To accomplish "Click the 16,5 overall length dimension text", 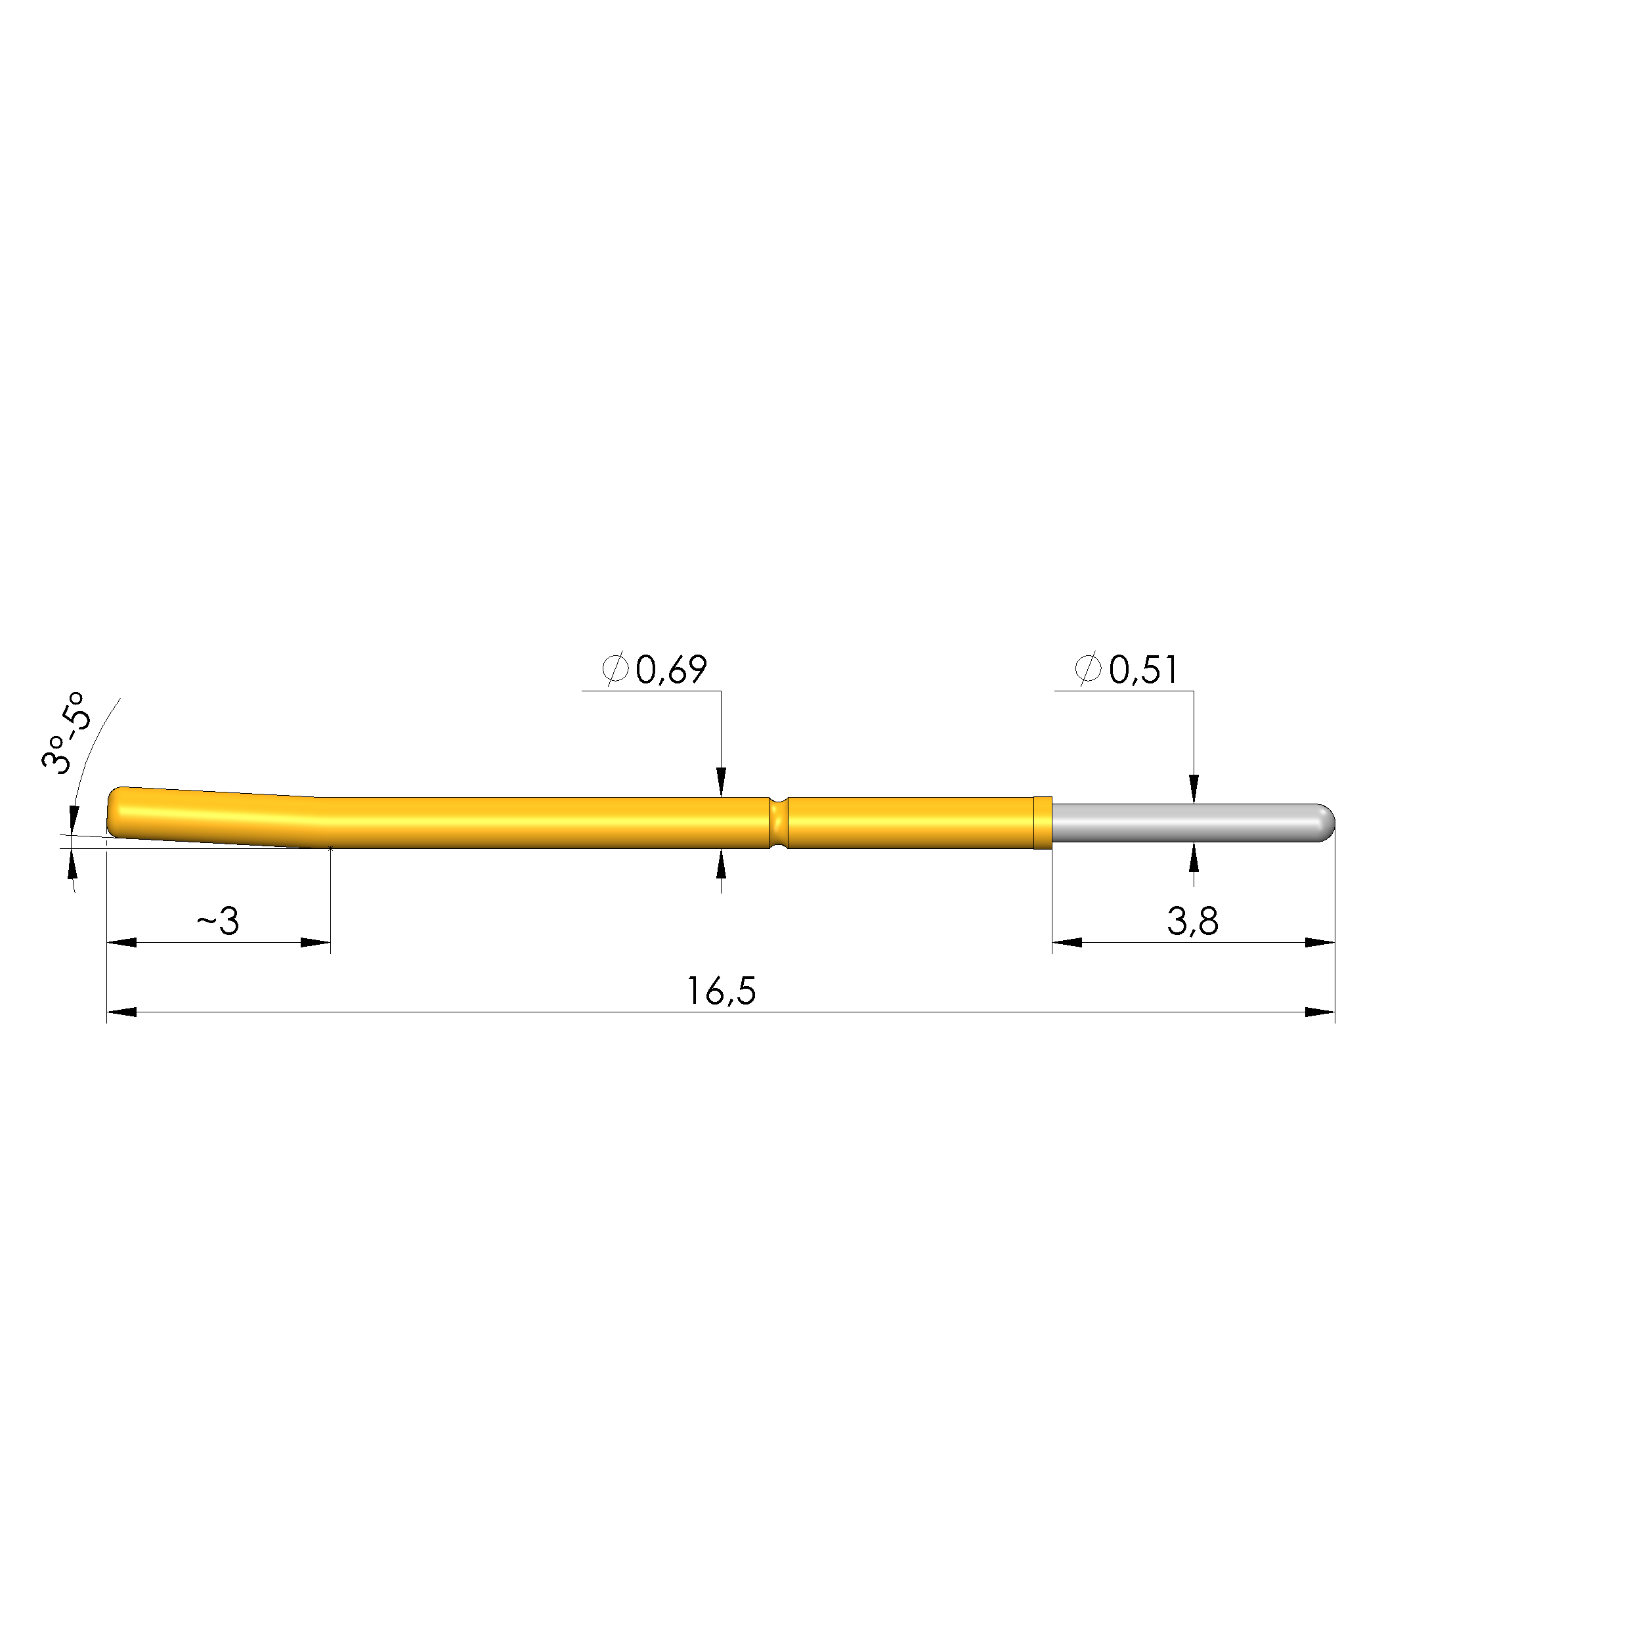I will [x=721, y=991].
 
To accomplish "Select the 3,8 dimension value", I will [x=1192, y=922].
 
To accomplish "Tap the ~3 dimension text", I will [x=218, y=922].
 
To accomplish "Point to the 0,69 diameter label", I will [x=670, y=670].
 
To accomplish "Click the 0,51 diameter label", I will [x=1143, y=670].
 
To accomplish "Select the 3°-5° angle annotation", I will [x=65, y=732].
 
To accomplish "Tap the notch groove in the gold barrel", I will [x=778, y=822].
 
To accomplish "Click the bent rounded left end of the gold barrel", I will [x=119, y=811].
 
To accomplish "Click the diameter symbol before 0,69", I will [x=615, y=670].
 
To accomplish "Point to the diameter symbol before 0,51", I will [x=1087, y=670].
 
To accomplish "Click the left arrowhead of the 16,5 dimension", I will [x=121, y=1012].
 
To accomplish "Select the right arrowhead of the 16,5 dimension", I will [x=1320, y=1012].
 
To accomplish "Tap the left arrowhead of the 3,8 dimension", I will [x=1067, y=942].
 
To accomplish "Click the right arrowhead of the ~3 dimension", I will [x=315, y=942].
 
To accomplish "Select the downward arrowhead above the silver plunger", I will [x=1194, y=788].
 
